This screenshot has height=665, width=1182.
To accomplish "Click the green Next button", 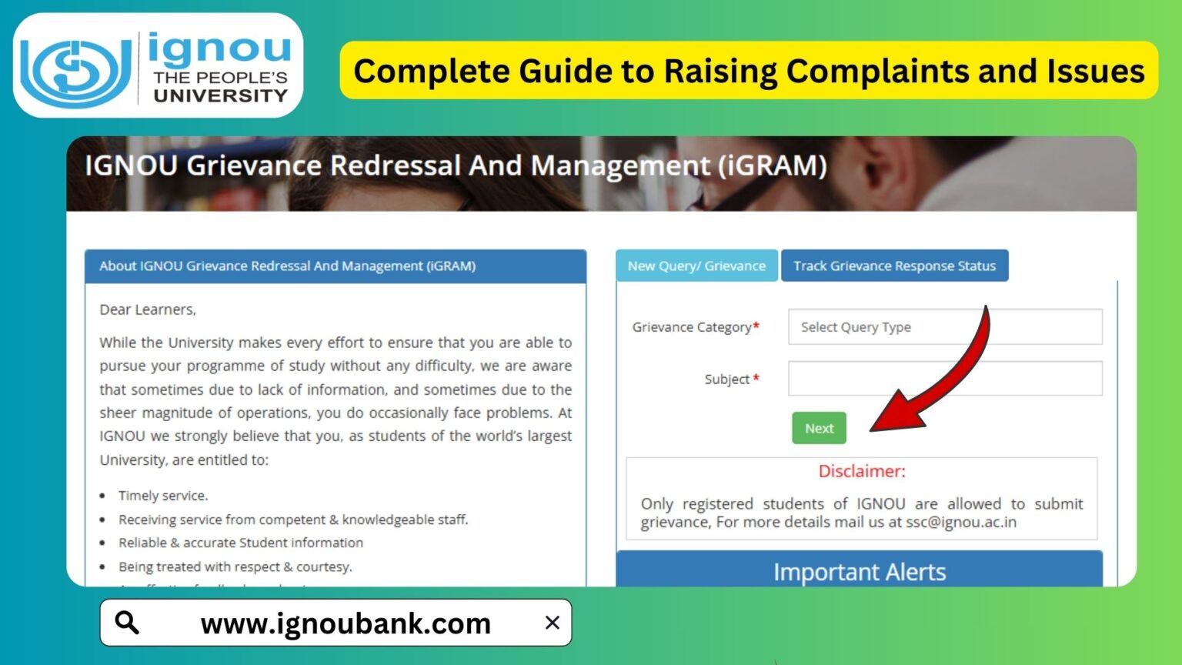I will [x=819, y=428].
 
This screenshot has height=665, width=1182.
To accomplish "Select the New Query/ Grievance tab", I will [x=696, y=266].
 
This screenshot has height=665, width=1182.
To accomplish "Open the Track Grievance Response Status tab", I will [x=894, y=266].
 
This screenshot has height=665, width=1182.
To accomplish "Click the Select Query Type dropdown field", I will [x=945, y=327].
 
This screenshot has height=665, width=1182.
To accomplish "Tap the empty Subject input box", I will [x=945, y=379].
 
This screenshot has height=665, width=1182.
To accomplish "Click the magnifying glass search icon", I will [x=127, y=622].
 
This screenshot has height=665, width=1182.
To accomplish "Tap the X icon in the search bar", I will [x=552, y=623].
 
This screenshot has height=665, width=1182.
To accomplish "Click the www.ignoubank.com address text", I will [x=346, y=623].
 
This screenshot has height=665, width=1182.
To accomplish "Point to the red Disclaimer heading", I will [x=862, y=471].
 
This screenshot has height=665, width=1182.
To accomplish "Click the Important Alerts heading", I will [x=860, y=572].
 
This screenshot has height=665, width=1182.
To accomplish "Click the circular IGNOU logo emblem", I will [x=75, y=71].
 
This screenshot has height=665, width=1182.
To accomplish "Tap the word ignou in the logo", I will [x=219, y=48].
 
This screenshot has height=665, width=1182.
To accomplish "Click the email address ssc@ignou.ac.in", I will [x=960, y=523].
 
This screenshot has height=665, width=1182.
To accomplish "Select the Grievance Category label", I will [x=692, y=327].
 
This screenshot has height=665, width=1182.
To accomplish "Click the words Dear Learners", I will [x=148, y=309].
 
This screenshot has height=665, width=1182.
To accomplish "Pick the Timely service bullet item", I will [x=163, y=496].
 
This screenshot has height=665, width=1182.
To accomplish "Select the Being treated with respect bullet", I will [x=235, y=566].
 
